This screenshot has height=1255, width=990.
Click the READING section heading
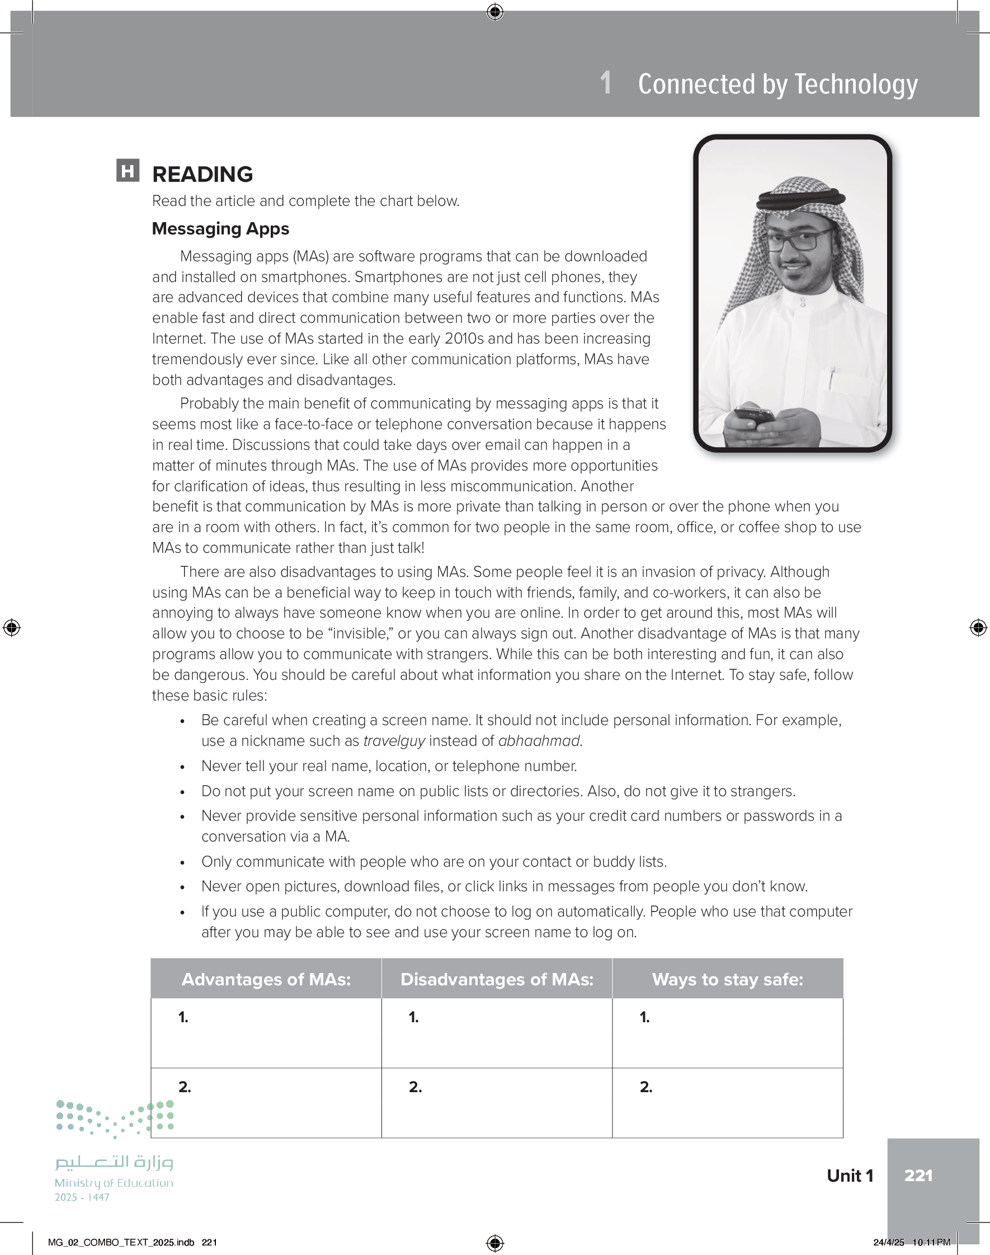[x=202, y=174]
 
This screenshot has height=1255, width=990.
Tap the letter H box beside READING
[x=128, y=171]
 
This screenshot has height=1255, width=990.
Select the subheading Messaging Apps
[x=220, y=229]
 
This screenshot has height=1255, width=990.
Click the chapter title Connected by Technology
[x=777, y=84]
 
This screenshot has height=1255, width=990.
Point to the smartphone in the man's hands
[x=755, y=417]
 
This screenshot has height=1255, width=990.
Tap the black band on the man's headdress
[x=800, y=199]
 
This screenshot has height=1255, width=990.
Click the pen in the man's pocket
[x=832, y=377]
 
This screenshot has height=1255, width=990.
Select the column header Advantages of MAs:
[x=266, y=979]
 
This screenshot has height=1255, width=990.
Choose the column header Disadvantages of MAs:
[x=497, y=979]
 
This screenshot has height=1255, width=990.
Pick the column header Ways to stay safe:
[x=728, y=979]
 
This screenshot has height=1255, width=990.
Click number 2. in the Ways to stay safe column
[x=645, y=1087]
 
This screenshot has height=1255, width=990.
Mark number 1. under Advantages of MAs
[x=183, y=1017]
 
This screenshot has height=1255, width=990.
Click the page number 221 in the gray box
[x=918, y=1176]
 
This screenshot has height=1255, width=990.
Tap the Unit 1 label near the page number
[x=850, y=1176]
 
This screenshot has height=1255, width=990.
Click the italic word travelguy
[x=394, y=741]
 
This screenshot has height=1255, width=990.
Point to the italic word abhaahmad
[x=539, y=741]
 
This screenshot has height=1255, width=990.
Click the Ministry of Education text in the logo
[x=114, y=1182]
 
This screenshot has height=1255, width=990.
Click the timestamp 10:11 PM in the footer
[x=931, y=1242]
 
